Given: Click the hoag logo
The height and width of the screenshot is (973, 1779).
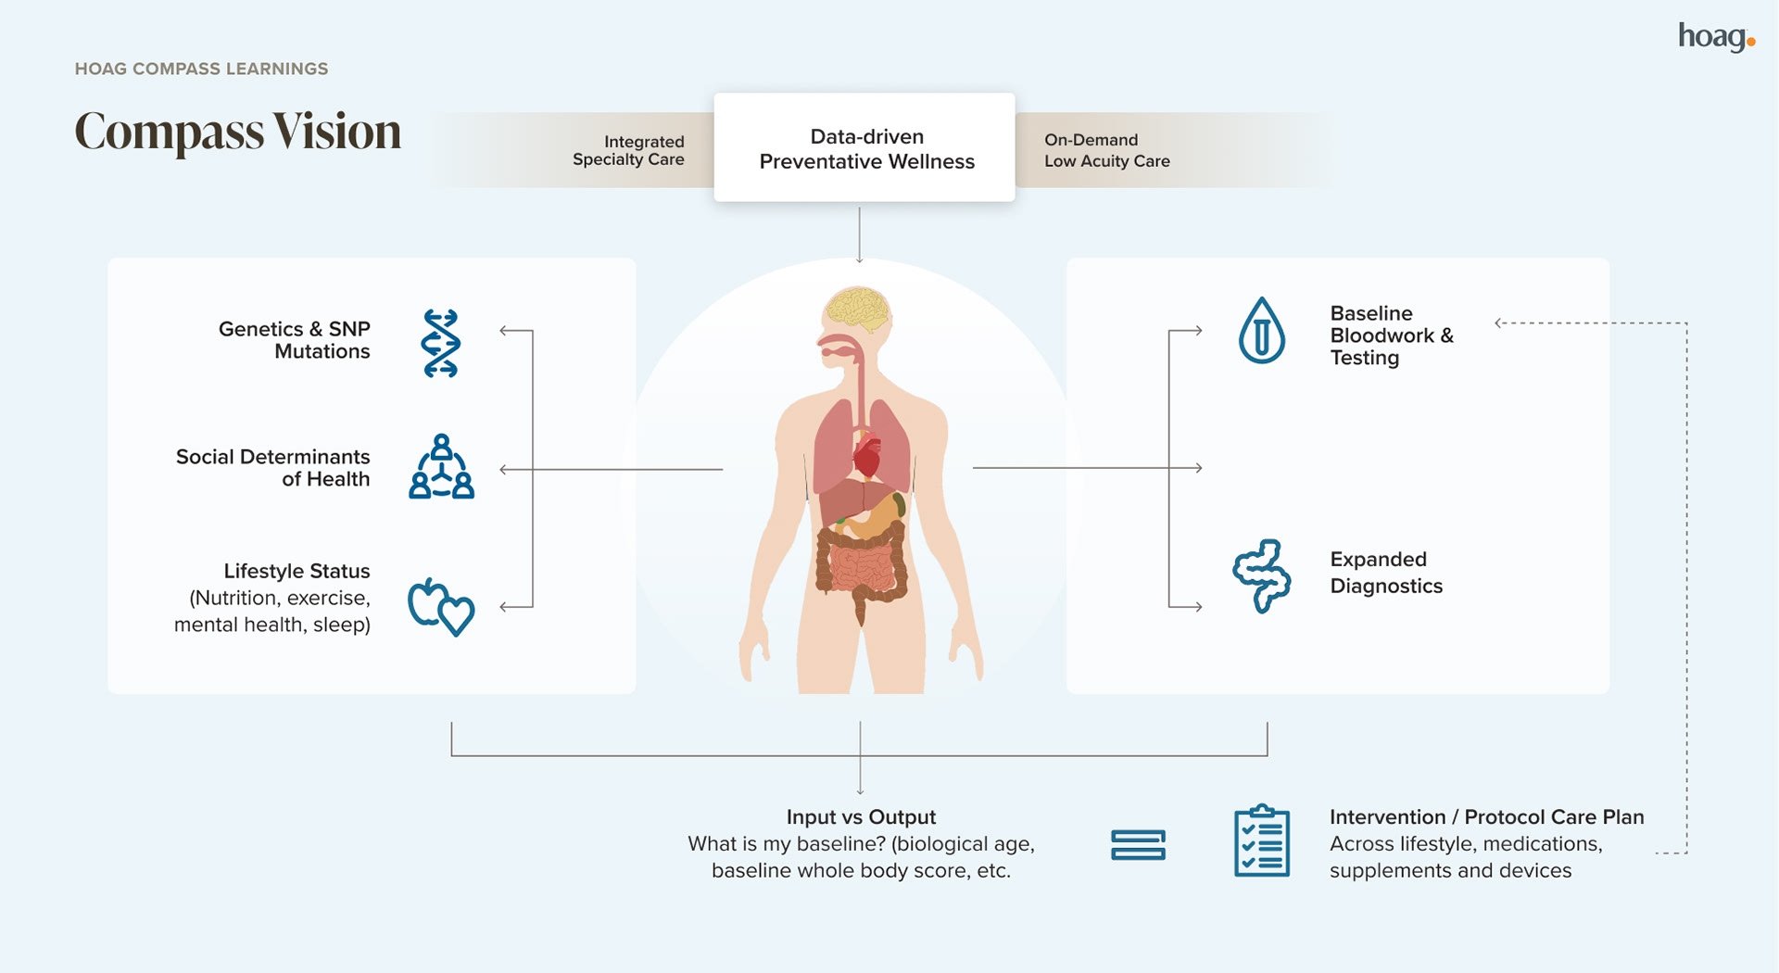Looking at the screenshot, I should [1715, 37].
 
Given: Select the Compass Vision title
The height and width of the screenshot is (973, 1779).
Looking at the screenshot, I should [237, 132].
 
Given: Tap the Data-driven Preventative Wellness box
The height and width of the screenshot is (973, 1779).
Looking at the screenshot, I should [864, 148].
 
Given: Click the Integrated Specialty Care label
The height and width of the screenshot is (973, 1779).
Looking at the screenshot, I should [628, 150].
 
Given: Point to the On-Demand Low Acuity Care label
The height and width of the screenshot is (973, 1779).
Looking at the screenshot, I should [1106, 150].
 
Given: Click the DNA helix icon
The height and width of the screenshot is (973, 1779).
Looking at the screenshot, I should [440, 344].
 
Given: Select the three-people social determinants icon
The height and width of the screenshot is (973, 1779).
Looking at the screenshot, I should [441, 467].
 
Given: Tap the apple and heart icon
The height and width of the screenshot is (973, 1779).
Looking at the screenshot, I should [441, 607].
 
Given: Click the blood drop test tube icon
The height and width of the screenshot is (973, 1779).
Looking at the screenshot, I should [1261, 331].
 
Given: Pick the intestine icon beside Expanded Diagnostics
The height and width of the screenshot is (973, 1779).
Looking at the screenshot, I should [1261, 575].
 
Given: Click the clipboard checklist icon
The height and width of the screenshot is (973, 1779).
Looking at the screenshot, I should [1261, 841].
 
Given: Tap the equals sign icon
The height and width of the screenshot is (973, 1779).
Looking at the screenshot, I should [1138, 845].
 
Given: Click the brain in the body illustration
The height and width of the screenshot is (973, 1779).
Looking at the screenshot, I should [859, 310].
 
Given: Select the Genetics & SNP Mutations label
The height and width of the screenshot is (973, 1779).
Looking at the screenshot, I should [294, 340].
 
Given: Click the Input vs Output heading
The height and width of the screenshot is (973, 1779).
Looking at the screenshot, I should [861, 817].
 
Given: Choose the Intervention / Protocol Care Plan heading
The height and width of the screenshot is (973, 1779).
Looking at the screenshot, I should [1486, 817].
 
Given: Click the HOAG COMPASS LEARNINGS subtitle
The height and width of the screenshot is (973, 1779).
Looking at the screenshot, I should [201, 69].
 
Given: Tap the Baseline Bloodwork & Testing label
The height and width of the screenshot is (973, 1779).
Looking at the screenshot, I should [1391, 335].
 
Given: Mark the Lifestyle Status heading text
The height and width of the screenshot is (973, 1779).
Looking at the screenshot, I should [296, 571].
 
